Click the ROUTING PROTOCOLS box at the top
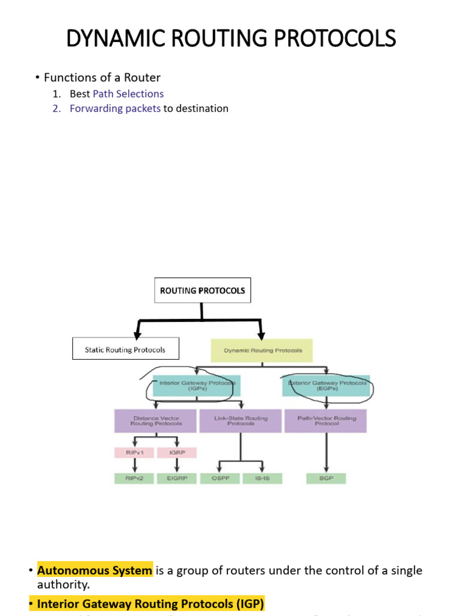point(202,290)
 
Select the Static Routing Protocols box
point(125,349)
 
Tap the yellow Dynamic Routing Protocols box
point(262,350)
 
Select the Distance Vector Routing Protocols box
point(155,420)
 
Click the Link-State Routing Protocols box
point(240,420)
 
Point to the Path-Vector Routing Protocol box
point(325,420)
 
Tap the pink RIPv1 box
point(134,452)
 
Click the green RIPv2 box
point(134,479)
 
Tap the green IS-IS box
point(262,479)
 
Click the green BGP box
point(325,479)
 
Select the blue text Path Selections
point(128,94)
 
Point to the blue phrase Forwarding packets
point(115,109)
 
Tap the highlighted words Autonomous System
point(95,570)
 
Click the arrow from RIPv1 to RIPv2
point(134,466)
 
